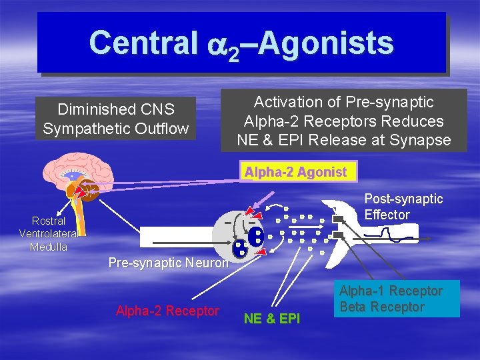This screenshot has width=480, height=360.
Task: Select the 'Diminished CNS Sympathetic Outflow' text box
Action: point(115,119)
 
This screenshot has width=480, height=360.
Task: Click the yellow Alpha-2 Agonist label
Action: point(295,172)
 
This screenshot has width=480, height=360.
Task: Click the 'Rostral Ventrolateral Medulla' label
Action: point(49,233)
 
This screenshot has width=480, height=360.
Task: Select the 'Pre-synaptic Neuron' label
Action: point(168,263)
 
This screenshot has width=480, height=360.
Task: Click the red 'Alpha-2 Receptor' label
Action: point(167,311)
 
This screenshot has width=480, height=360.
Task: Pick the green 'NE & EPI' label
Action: point(272,319)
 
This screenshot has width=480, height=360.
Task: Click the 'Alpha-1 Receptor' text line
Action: point(391,291)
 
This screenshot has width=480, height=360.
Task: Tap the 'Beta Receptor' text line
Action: point(381,307)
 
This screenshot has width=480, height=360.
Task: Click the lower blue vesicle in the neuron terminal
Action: point(241,248)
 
